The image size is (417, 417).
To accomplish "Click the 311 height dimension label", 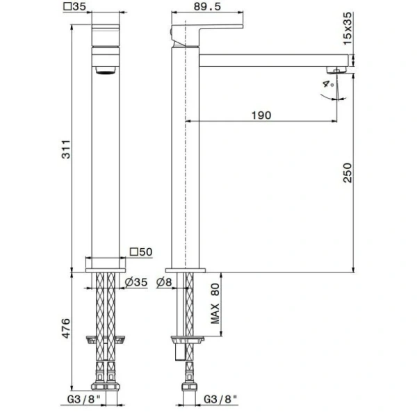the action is click(66, 149).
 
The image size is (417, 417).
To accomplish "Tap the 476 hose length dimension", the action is click(66, 328).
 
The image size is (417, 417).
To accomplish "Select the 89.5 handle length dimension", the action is click(207, 6).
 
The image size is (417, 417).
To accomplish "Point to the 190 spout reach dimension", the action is click(261, 115).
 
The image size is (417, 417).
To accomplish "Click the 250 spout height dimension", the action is click(347, 172).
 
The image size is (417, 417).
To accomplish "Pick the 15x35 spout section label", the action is click(347, 28).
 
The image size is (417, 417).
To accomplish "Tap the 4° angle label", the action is click(329, 84).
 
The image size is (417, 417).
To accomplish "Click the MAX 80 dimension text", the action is click(215, 304).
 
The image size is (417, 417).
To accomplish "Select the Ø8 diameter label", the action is click(164, 282).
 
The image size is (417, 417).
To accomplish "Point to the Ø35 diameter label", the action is click(136, 282).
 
